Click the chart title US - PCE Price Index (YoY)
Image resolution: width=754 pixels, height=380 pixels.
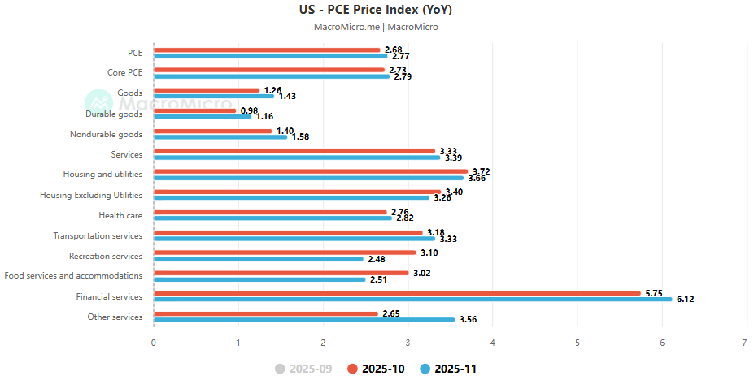[375, 11]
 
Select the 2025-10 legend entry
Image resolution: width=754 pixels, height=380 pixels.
[376, 369]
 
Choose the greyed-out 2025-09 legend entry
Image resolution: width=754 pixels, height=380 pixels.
[303, 369]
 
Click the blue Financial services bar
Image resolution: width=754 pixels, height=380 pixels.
[412, 299]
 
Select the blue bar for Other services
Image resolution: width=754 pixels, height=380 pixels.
[303, 319]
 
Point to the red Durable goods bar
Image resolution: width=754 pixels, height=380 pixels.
[194, 110]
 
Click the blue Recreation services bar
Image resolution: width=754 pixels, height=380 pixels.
[258, 259]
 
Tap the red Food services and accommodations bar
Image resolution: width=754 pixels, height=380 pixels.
[281, 273]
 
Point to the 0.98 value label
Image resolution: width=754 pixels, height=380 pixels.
[249, 110]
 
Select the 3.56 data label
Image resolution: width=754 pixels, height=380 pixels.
[468, 320]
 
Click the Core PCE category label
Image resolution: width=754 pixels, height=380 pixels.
[124, 73]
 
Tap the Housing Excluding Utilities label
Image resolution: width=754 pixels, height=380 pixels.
[91, 195]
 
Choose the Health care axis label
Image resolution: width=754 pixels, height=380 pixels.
[120, 215]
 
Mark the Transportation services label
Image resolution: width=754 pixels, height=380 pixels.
[98, 235]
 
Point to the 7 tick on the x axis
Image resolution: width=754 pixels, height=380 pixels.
[747, 343]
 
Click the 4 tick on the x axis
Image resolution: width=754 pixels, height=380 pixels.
[492, 343]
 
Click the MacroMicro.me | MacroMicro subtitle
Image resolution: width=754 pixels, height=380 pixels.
[376, 27]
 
